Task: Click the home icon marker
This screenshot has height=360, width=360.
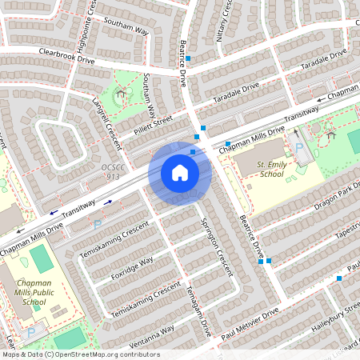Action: point(180,172)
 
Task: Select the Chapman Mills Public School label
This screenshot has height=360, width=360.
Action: point(34,291)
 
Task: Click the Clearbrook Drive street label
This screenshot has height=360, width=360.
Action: point(67,55)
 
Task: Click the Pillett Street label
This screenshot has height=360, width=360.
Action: point(153,122)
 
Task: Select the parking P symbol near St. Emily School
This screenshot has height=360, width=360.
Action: point(299,148)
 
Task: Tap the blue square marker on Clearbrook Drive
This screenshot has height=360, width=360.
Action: point(189,58)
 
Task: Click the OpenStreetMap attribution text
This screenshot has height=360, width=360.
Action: point(80,354)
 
